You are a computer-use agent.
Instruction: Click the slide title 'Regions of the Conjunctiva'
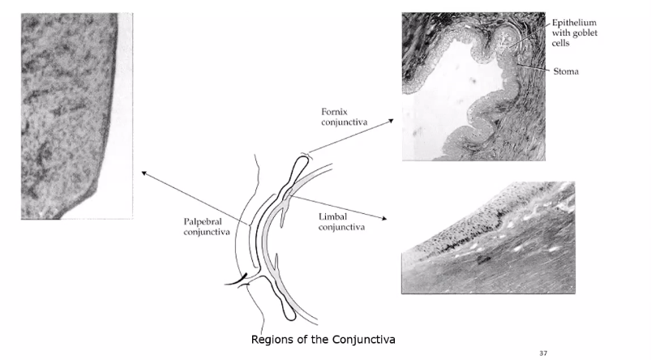point(323,338)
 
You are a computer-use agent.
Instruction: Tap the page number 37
point(543,353)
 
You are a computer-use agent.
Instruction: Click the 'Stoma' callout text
point(566,71)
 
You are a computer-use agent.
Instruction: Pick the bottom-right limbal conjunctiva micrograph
point(488,237)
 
